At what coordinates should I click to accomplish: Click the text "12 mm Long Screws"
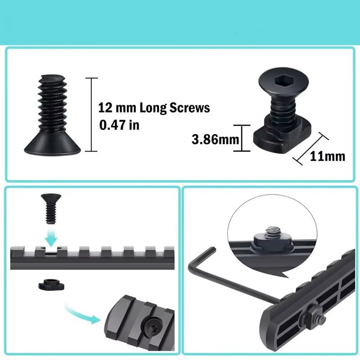[x=154, y=108]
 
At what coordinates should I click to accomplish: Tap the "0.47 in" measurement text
[x=119, y=125]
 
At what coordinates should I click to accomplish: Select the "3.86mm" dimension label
[x=215, y=139]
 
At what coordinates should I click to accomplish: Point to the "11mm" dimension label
[x=328, y=156]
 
